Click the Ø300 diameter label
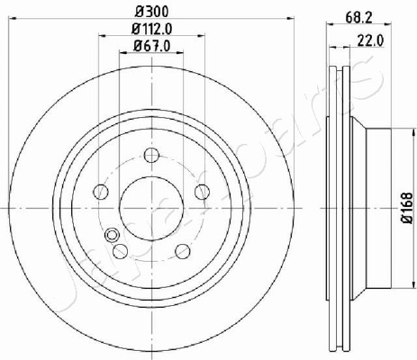(152, 12)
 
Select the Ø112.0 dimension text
(152, 29)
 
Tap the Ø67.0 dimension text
(152, 46)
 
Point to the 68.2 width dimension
(358, 18)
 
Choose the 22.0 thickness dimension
(370, 40)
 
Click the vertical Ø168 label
(407, 208)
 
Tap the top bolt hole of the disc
(151, 155)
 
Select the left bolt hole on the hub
(101, 192)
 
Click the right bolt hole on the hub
(202, 192)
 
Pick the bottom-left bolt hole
(121, 251)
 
